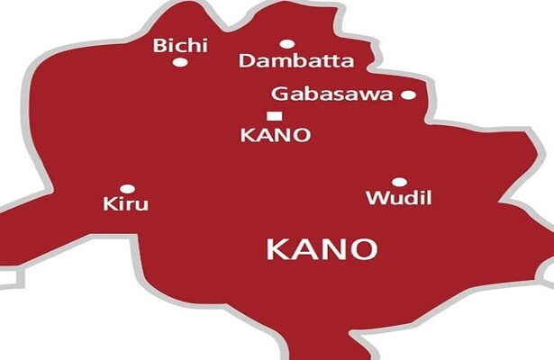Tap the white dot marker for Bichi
coord(180,62)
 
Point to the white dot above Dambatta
coord(286,43)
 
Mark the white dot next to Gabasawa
coord(408,94)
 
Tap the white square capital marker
coord(274,114)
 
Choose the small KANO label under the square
coord(277,135)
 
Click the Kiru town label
coord(126,206)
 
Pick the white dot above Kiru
coord(128,189)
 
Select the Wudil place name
coord(389,198)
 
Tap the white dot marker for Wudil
coord(399,182)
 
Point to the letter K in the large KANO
coord(277,249)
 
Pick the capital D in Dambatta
coord(245,61)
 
